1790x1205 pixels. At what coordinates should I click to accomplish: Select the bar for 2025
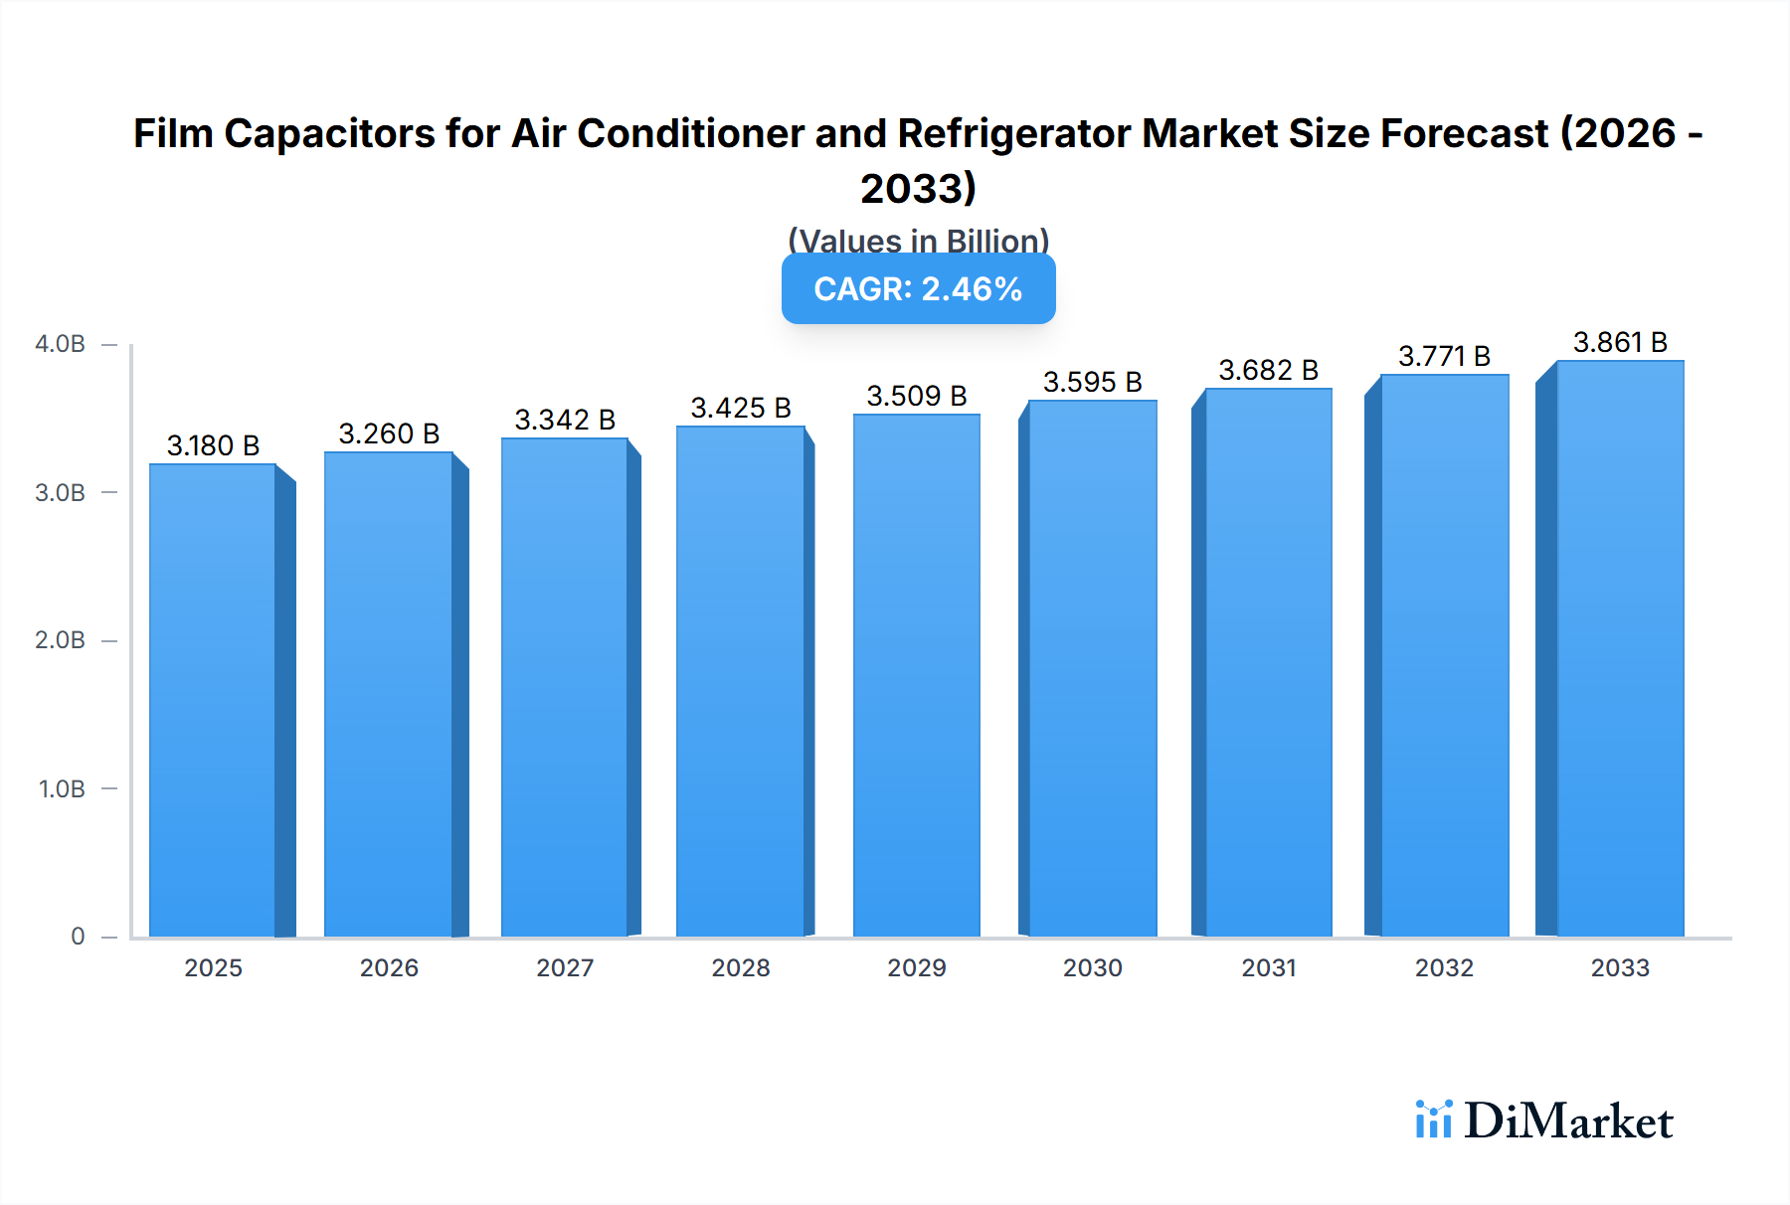pos(213,700)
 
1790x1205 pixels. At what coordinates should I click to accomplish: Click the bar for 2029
pos(916,675)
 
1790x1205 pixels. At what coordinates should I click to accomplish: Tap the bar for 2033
pos(1620,648)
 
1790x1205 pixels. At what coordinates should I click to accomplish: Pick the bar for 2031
pos(1268,662)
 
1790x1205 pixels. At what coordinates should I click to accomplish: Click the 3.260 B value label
pos(389,433)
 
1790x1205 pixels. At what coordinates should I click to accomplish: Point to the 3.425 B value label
pos(741,408)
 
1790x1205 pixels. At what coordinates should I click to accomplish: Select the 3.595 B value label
pos(1092,382)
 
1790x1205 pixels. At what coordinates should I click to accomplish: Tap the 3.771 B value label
pos(1444,356)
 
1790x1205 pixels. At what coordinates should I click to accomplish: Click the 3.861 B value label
pos(1620,342)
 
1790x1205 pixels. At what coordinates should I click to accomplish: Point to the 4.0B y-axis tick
pos(61,344)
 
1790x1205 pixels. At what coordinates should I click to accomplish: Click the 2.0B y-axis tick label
pos(61,640)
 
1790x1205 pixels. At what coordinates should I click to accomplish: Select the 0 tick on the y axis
pos(78,937)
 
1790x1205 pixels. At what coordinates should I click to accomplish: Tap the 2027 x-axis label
pos(565,967)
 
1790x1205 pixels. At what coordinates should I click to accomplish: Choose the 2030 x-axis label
pos(1092,967)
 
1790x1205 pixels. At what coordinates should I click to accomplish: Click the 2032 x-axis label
pos(1444,967)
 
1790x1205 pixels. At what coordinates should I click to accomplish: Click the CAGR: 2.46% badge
pos(918,289)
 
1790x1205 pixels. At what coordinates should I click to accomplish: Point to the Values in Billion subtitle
pos(918,240)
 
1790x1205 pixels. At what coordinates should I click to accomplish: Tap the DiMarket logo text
pos(1568,1121)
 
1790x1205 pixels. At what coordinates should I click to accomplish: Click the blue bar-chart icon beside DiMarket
pos(1433,1119)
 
